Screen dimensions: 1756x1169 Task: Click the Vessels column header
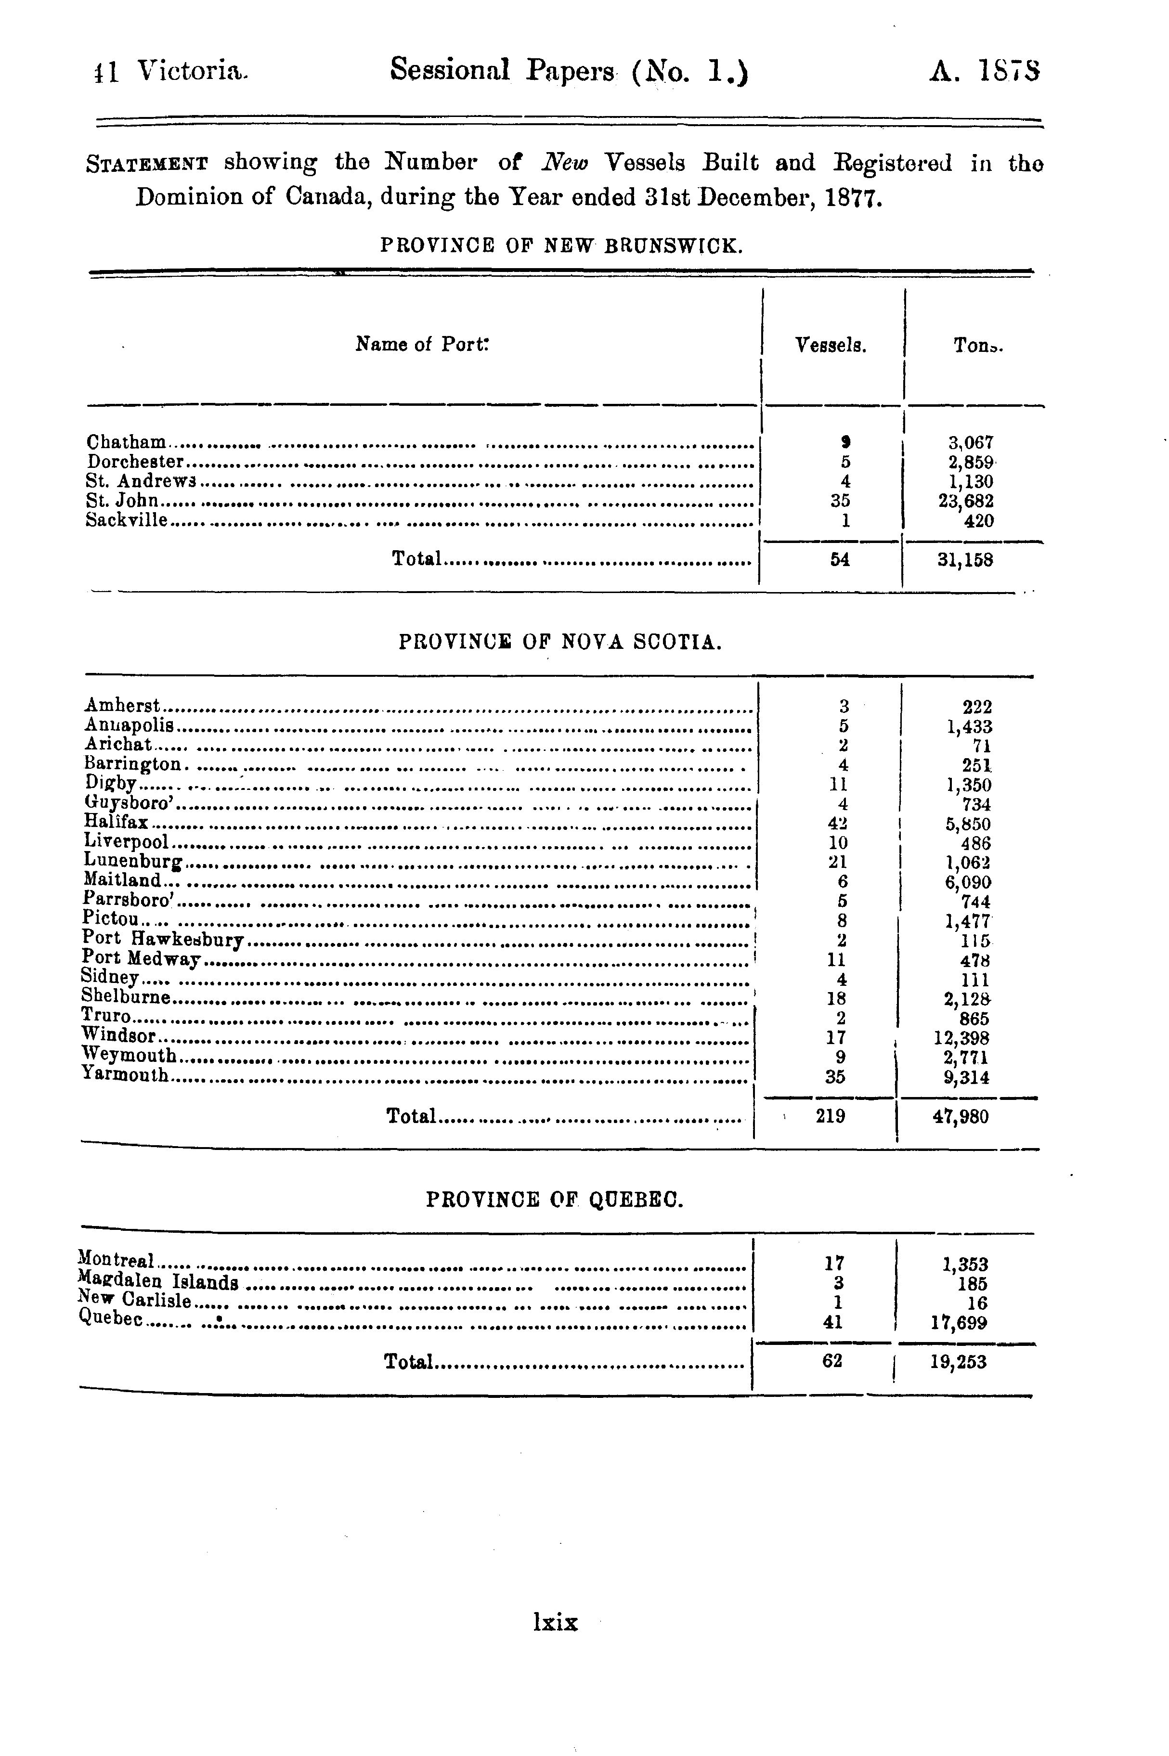[831, 345]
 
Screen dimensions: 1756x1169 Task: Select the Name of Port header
[422, 344]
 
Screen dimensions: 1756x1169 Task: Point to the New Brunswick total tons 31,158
[965, 560]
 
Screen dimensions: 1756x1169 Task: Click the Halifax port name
[117, 823]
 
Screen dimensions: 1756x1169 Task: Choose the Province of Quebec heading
[555, 1200]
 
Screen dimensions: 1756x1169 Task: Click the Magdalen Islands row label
[158, 1283]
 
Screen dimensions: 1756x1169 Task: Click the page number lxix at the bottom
[556, 1622]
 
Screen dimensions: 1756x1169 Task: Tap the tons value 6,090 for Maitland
[968, 881]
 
